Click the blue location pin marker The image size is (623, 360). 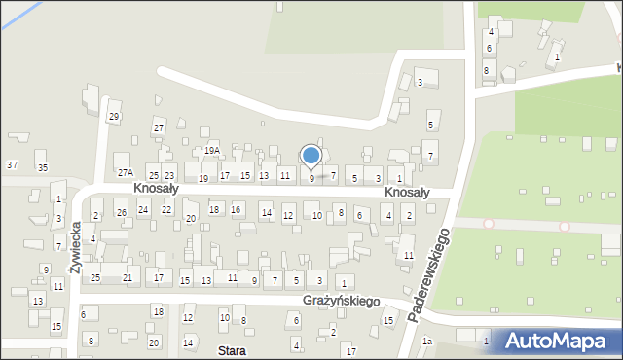311,156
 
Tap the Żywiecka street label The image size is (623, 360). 76,249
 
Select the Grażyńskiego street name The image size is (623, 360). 341,302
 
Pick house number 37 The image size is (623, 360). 12,165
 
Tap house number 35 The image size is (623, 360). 43,168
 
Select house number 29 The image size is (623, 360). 114,117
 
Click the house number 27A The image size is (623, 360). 125,172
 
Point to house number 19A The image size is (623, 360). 212,151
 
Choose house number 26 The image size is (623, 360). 121,212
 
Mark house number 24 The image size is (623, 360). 143,209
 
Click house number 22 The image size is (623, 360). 166,209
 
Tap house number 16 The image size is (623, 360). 236,209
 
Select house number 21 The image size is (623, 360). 128,278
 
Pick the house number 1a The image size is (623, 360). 426,342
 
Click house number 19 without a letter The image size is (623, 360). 202,179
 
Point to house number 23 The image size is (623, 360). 168,175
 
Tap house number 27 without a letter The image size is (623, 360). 158,128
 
